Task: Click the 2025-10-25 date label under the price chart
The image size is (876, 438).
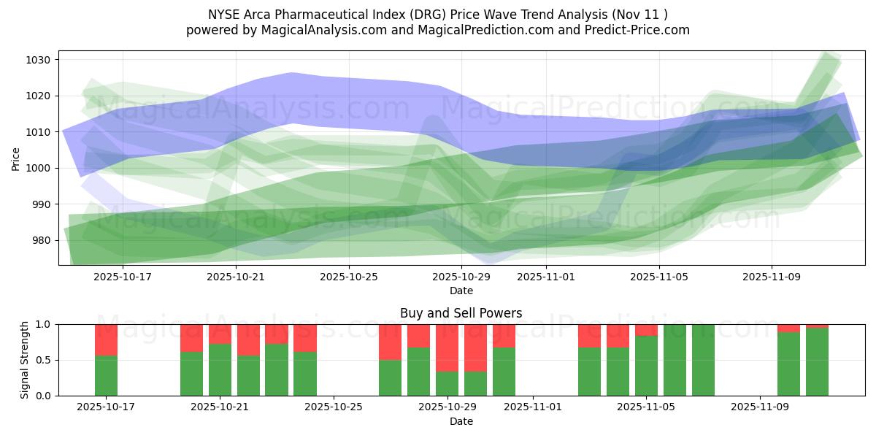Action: (349, 277)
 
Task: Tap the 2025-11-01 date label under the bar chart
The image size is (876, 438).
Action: (532, 407)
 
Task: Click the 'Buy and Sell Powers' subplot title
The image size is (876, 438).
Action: (461, 313)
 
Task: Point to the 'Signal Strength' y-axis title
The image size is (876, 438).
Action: (25, 360)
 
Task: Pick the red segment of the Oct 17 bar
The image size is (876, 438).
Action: (106, 339)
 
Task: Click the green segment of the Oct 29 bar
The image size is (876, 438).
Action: (447, 383)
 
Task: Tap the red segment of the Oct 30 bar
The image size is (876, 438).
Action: (475, 347)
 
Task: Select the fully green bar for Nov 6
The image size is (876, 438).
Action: (675, 360)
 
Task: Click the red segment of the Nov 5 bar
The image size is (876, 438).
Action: (646, 330)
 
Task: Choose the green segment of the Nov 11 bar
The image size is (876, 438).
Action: (817, 362)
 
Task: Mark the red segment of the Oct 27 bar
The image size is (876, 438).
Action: (390, 342)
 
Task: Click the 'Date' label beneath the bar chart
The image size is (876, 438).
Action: (461, 421)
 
